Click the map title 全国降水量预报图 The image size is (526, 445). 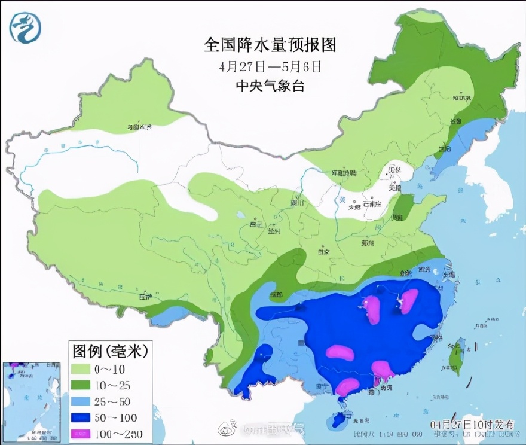tap(270, 45)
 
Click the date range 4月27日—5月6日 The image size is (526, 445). tap(270, 66)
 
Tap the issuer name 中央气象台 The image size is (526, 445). tap(270, 86)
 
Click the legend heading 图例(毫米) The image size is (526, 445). tap(108, 349)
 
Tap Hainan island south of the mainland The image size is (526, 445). tap(338, 420)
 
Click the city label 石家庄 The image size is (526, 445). tap(374, 203)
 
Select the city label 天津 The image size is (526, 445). tap(394, 188)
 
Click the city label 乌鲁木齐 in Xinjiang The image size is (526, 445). tap(140, 127)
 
